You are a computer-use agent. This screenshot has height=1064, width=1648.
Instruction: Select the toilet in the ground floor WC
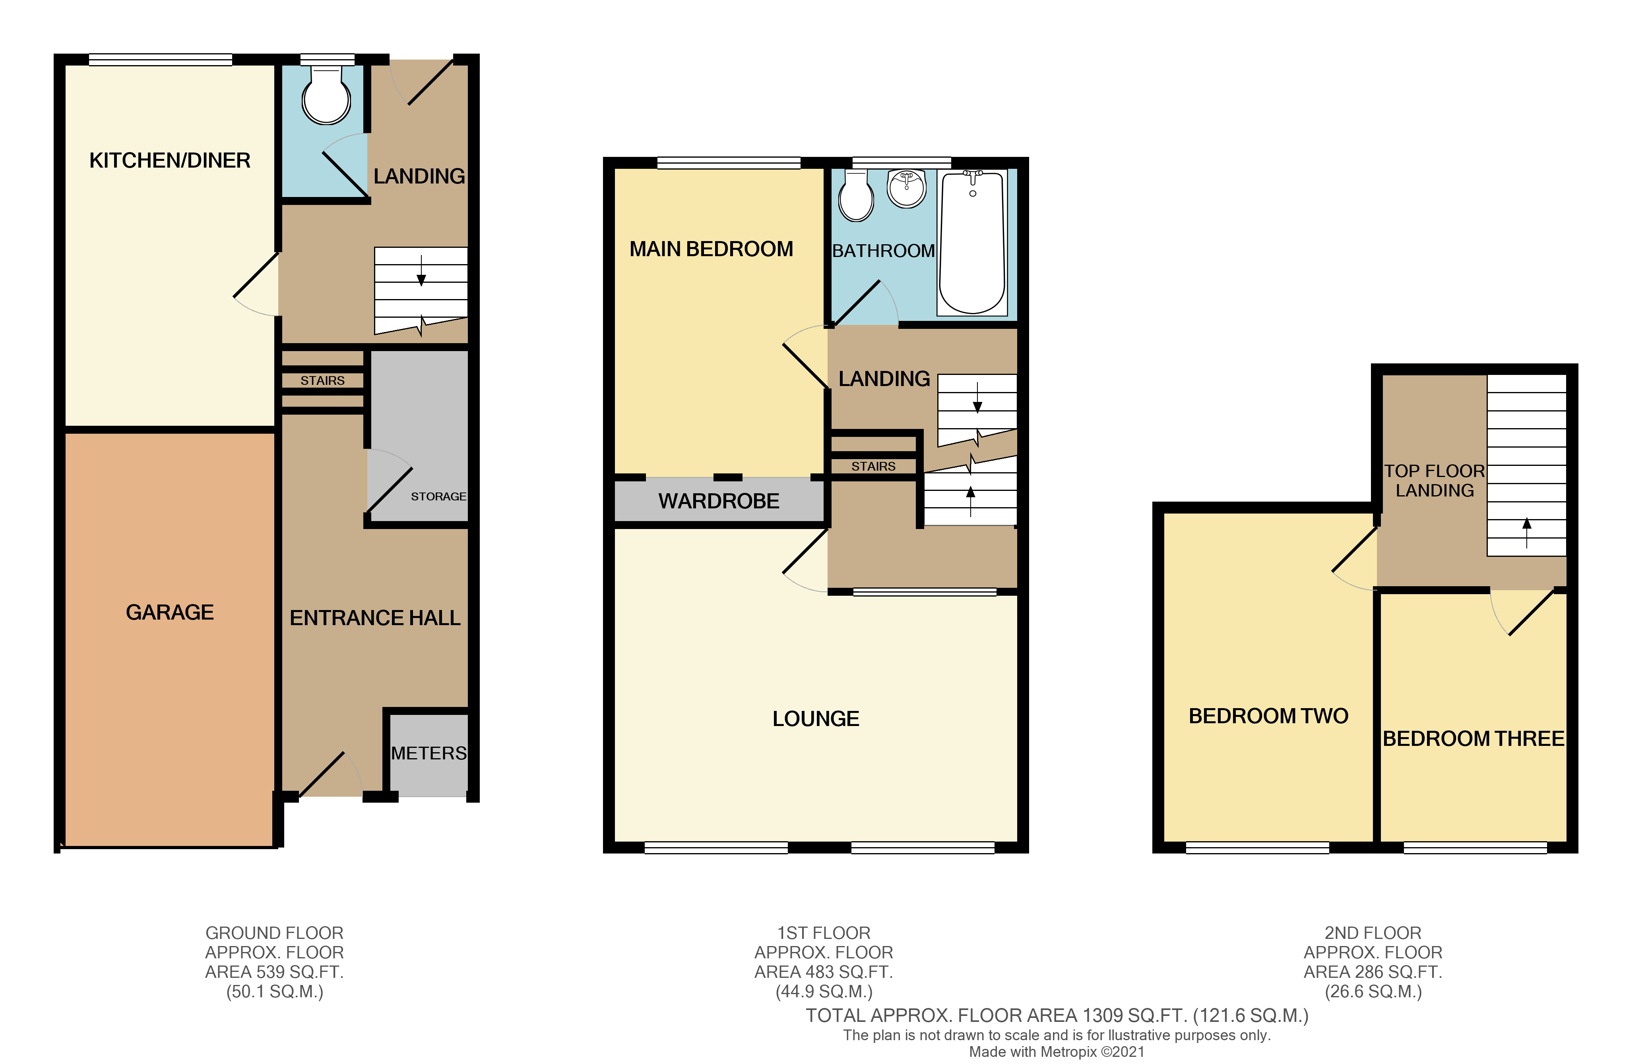click(326, 97)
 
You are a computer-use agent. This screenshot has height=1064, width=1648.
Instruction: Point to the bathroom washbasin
click(906, 188)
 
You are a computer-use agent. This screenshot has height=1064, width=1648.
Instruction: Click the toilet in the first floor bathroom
click(856, 196)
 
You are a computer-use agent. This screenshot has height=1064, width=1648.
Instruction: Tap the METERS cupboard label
click(428, 753)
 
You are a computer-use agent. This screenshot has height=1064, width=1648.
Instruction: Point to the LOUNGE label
click(816, 718)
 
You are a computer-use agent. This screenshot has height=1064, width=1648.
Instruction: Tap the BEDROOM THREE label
click(1473, 739)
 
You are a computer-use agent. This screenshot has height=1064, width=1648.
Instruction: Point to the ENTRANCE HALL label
click(375, 618)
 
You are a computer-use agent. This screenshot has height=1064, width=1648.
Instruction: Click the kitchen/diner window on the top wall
click(160, 60)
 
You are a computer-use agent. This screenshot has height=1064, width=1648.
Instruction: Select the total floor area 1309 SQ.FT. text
click(1056, 1016)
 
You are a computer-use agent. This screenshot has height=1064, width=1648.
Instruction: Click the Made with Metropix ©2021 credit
click(1056, 1052)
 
